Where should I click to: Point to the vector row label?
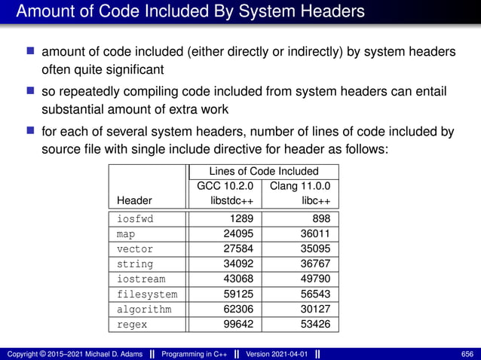pyautogui.click(x=134, y=249)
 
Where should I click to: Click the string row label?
pyautogui.click(x=134, y=264)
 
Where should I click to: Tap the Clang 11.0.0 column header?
pyautogui.click(x=300, y=186)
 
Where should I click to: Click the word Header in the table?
pyautogui.click(x=134, y=201)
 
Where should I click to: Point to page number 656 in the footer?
pyautogui.click(x=467, y=354)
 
